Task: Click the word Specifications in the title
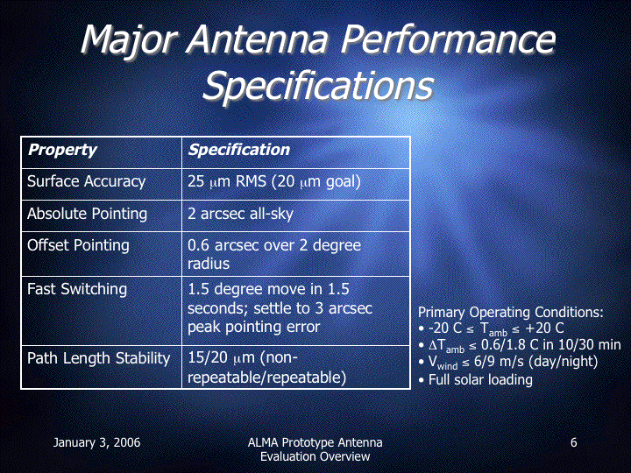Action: click(x=318, y=86)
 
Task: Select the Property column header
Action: click(x=62, y=150)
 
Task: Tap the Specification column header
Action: click(x=239, y=150)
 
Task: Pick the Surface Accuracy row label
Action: click(x=86, y=181)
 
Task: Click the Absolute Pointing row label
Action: click(x=87, y=214)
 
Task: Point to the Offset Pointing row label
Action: click(x=78, y=245)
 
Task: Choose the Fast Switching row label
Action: click(x=77, y=289)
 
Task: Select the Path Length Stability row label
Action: click(x=98, y=358)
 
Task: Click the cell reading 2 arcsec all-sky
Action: click(x=241, y=213)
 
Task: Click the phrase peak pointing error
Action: click(x=253, y=327)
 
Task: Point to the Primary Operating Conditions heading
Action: click(x=511, y=312)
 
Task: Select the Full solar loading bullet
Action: click(x=475, y=379)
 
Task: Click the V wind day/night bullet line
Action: click(x=507, y=362)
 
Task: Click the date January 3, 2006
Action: click(x=96, y=442)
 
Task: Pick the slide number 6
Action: click(x=573, y=442)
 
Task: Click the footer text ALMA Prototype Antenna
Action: click(x=315, y=442)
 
